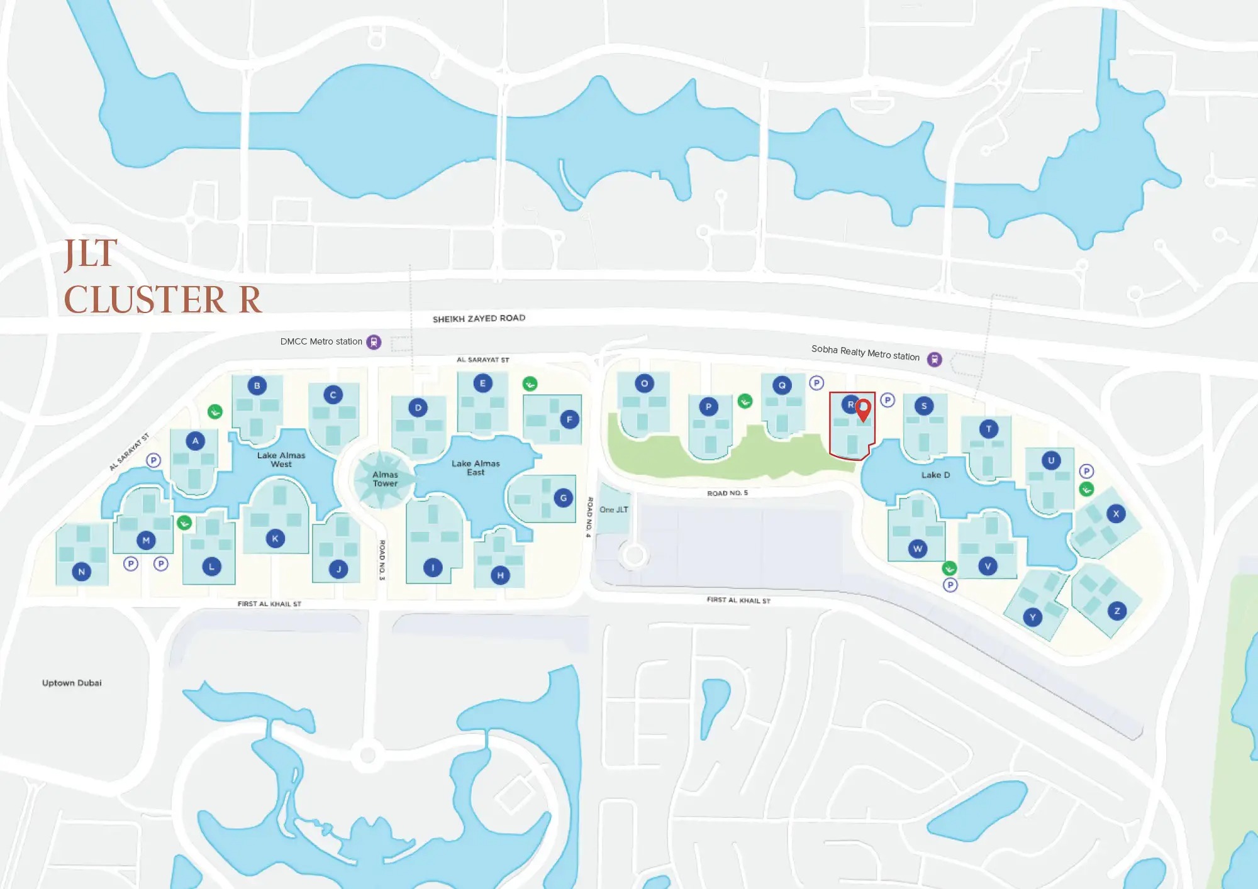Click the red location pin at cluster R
864,409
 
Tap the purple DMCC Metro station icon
374,342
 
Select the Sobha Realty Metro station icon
935,359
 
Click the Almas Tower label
385,479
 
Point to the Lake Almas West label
281,460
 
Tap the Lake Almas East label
476,468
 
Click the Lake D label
935,475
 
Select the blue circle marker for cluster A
196,441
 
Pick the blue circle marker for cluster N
81,571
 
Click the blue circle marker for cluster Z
1117,610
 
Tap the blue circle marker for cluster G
563,498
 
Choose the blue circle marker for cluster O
644,383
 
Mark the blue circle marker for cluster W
918,549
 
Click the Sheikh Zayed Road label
479,318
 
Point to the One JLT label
613,510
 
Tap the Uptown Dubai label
72,683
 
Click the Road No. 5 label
727,493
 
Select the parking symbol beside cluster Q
816,383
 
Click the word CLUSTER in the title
145,300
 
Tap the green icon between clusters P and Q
745,401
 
